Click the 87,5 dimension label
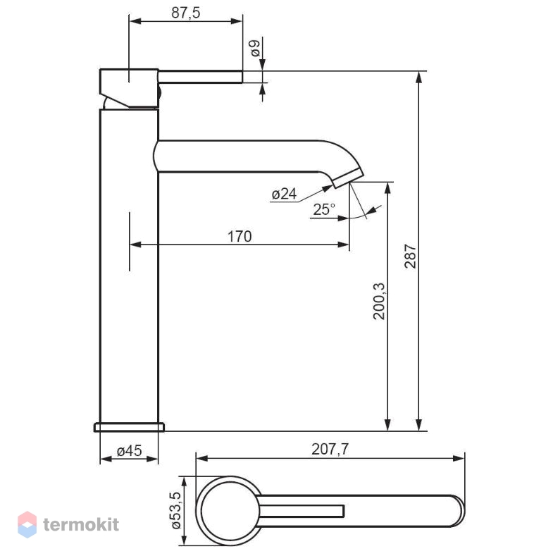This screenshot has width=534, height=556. [x=185, y=13]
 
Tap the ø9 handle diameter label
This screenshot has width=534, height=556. [x=255, y=48]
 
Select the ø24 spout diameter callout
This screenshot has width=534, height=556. [x=284, y=194]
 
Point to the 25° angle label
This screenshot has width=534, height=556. [x=324, y=209]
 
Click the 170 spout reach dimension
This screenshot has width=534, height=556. [x=240, y=237]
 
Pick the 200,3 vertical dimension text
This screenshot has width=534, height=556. [x=379, y=302]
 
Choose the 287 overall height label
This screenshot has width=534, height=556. [x=410, y=256]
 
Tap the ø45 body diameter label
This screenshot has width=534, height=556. [x=129, y=451]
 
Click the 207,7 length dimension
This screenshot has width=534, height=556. [x=330, y=450]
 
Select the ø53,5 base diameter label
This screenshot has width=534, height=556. [x=176, y=511]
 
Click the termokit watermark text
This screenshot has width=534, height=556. [x=81, y=524]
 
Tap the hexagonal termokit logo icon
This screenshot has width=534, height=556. [x=27, y=524]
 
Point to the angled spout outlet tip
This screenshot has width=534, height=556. [x=348, y=178]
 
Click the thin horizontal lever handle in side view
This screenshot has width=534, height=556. [x=200, y=77]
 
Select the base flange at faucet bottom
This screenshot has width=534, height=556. [x=129, y=427]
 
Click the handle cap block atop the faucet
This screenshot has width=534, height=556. [x=129, y=87]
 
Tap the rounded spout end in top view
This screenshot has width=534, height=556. [x=457, y=511]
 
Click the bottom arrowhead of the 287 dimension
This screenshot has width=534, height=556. [x=418, y=425]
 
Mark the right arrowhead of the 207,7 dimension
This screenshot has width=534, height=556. [x=459, y=459]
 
